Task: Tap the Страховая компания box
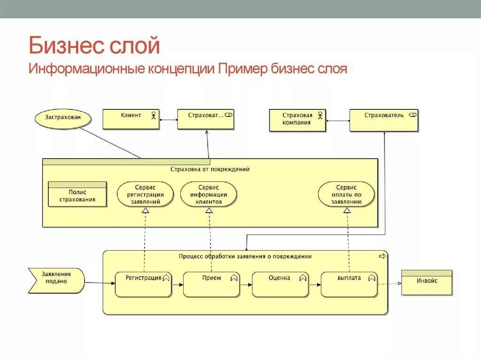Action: point(297,120)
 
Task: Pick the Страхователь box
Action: point(384,120)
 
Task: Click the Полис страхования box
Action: point(78,194)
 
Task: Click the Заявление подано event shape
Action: point(56,280)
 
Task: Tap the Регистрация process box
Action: point(143,283)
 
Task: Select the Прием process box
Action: point(211,283)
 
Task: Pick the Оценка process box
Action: point(280,283)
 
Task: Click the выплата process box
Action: point(349,283)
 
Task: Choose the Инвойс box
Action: point(427,282)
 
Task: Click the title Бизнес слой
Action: point(94,46)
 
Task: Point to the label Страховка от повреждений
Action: point(210,169)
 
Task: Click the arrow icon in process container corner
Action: point(382,256)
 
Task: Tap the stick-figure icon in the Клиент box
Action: point(153,115)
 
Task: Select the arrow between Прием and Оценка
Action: point(246,283)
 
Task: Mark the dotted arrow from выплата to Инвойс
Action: point(389,283)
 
